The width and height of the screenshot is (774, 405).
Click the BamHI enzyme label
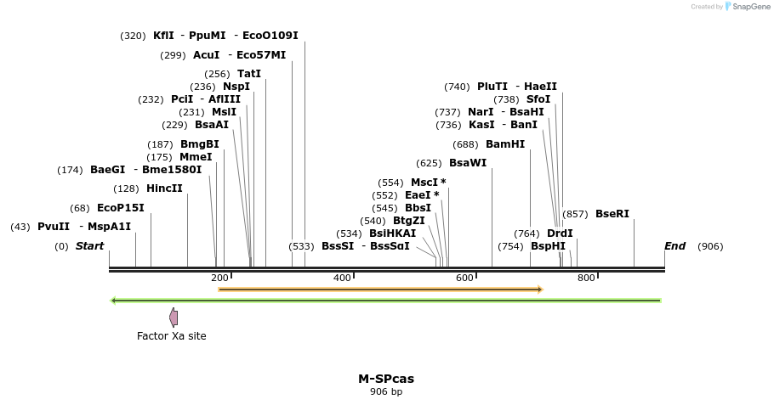(x=505, y=144)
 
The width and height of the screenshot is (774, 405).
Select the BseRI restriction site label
(x=612, y=214)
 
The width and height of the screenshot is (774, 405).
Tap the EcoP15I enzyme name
(x=121, y=208)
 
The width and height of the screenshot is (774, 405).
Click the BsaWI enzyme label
(x=468, y=163)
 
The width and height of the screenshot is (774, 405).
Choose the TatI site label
(x=249, y=74)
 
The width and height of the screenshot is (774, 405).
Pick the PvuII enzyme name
(x=54, y=227)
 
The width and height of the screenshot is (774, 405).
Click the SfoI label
(x=538, y=99)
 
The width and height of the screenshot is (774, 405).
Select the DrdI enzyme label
(x=560, y=233)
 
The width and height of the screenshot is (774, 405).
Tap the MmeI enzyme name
(x=196, y=157)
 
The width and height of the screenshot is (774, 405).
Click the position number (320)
(x=133, y=37)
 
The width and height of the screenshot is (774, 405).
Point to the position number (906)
(x=710, y=247)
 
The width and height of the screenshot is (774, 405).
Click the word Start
(x=89, y=247)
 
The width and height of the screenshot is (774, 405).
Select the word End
(x=674, y=247)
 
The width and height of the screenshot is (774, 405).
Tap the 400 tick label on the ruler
(x=342, y=278)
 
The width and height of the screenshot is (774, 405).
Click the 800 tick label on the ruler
(x=586, y=278)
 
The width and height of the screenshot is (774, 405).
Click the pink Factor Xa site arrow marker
(x=174, y=318)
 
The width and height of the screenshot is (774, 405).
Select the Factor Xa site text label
(x=172, y=336)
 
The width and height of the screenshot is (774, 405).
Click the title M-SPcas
(x=386, y=379)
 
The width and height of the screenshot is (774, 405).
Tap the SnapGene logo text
(x=748, y=7)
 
